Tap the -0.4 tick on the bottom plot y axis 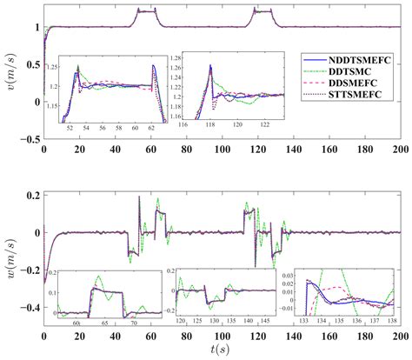point(28,308)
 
